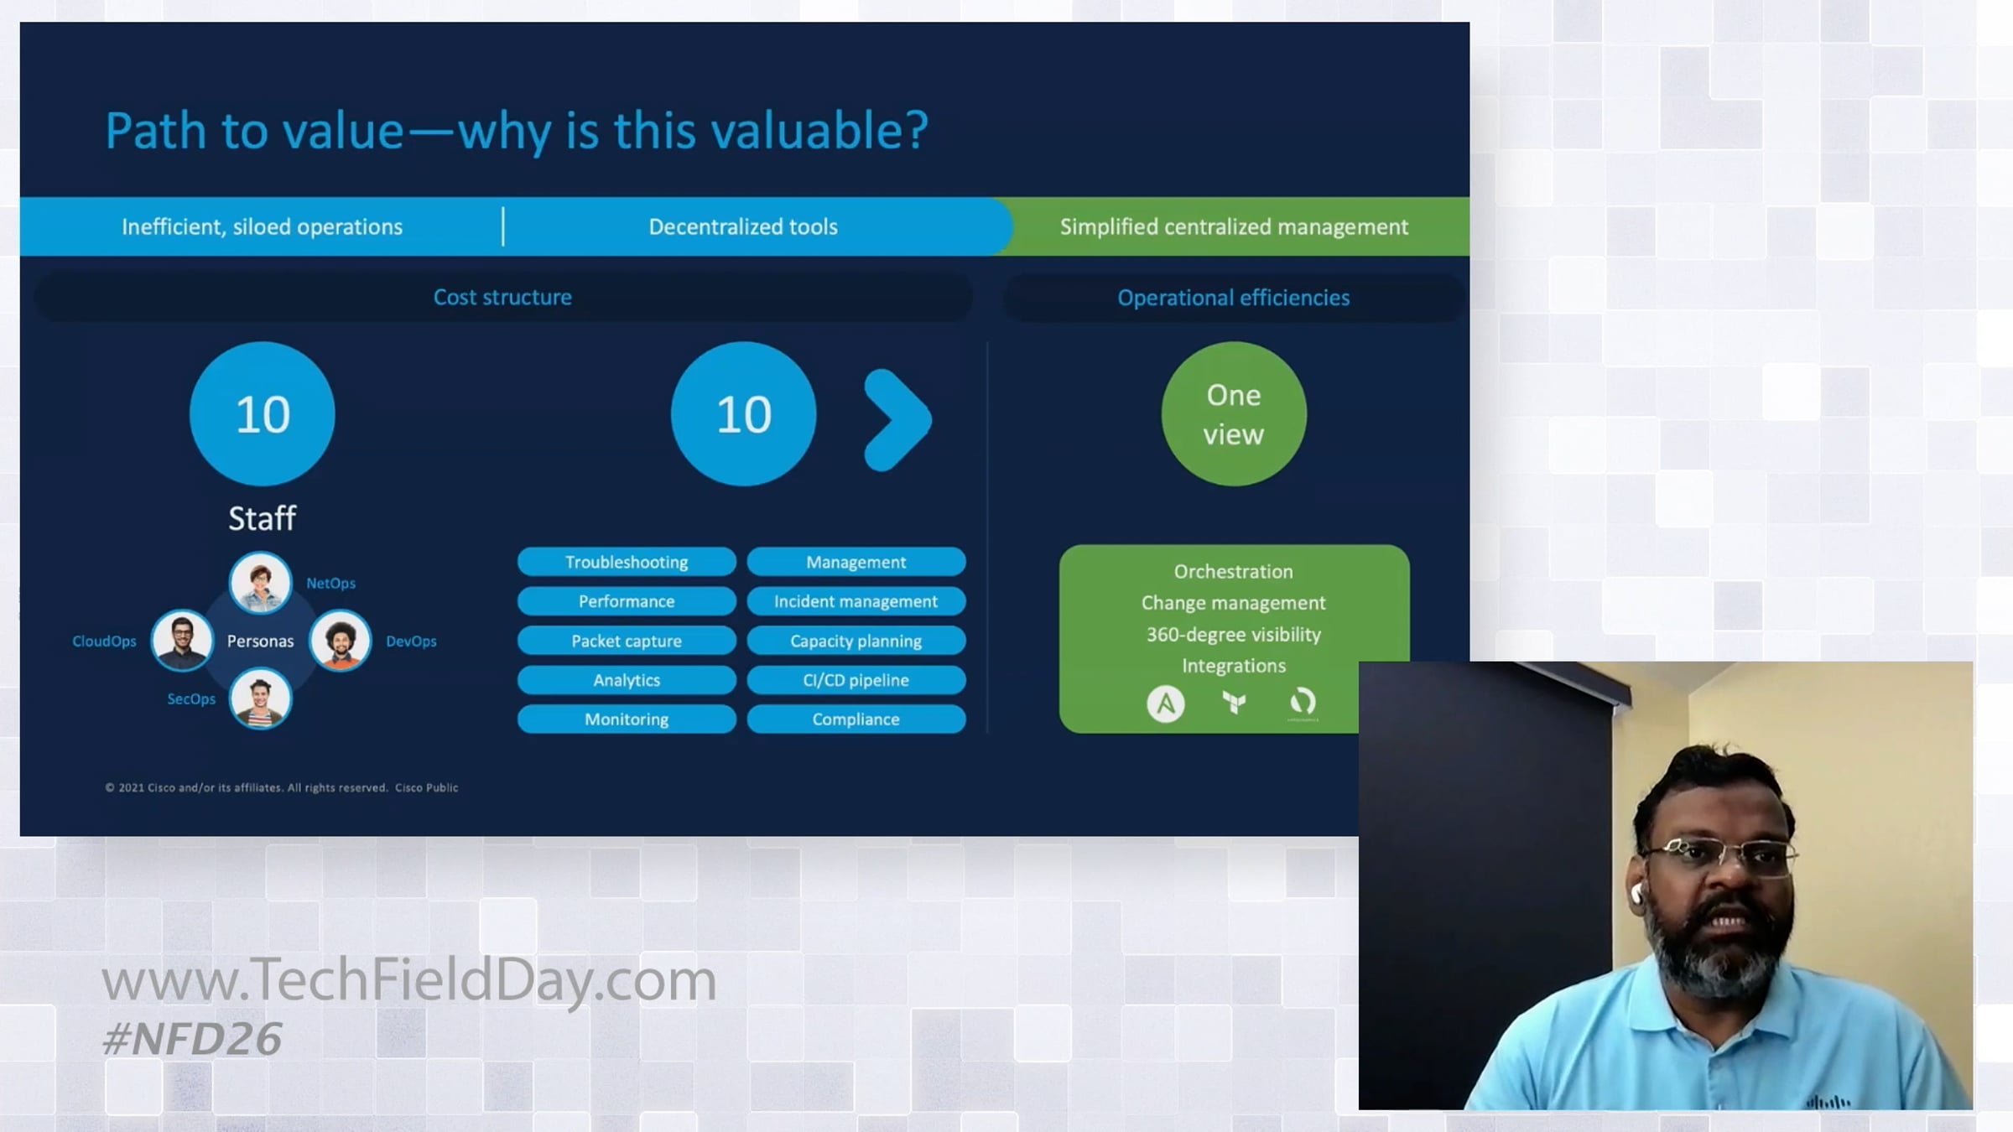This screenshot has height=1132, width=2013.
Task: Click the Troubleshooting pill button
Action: (627, 562)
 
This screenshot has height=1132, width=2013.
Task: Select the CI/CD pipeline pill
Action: (856, 680)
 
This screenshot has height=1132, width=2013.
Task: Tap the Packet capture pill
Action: (627, 641)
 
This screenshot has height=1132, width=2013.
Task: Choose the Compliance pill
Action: (856, 719)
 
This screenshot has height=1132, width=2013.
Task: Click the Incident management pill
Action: (856, 601)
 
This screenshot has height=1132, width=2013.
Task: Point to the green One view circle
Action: (1234, 414)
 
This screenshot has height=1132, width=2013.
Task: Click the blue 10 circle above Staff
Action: (263, 414)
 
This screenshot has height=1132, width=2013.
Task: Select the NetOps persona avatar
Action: (261, 583)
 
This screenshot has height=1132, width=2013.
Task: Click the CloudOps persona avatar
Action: (182, 641)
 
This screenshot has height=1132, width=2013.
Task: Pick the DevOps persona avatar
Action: (341, 641)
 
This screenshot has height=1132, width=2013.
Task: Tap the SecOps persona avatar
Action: (261, 698)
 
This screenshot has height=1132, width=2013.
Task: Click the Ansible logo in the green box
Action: (1166, 704)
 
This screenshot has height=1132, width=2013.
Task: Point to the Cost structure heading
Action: (502, 297)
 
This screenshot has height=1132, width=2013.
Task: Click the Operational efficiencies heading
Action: (1234, 298)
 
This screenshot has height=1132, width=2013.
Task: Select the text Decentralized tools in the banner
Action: (743, 226)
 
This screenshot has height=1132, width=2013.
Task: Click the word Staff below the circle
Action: (263, 518)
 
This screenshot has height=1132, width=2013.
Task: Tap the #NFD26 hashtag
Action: (192, 1039)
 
